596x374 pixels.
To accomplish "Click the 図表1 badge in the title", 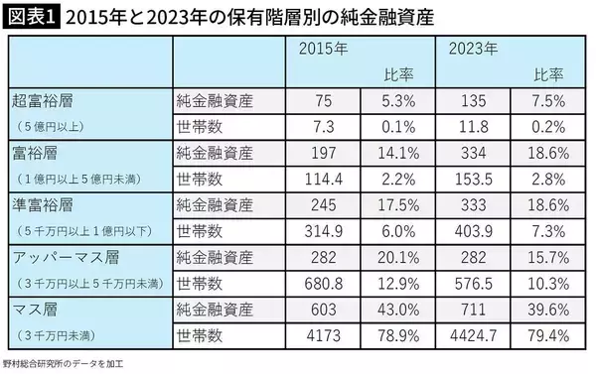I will pos(32,18).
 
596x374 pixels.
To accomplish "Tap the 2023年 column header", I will pos(472,49).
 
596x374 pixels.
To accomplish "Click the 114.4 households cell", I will pos(322,179).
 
